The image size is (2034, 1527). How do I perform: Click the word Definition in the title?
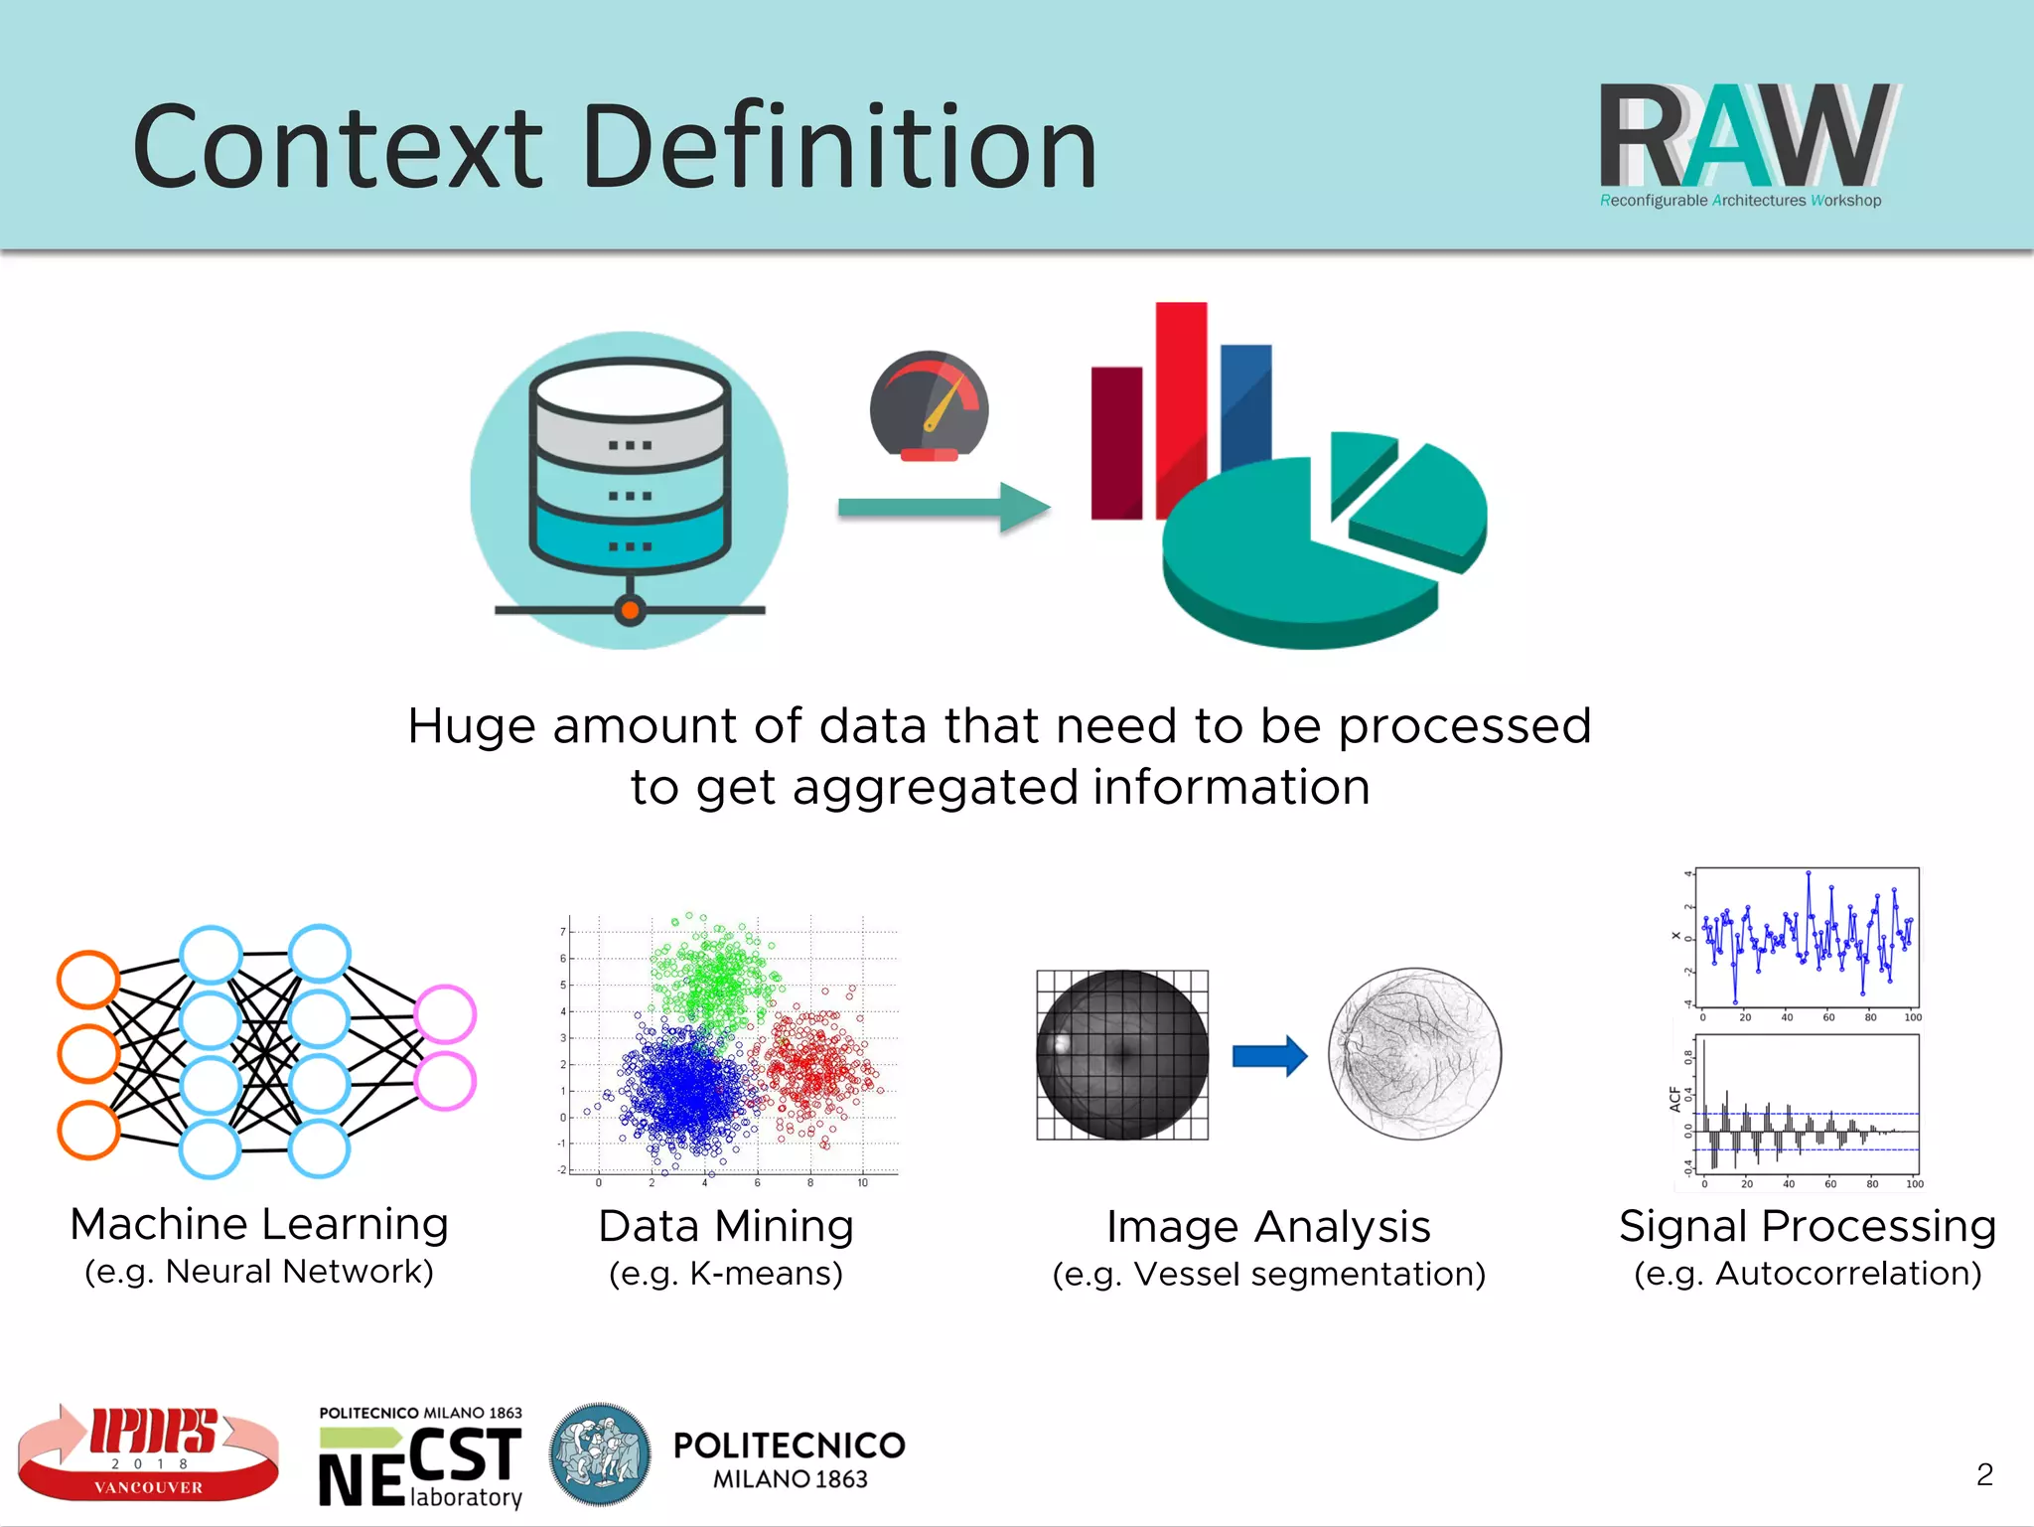pyautogui.click(x=839, y=149)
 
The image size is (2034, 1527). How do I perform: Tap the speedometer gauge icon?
pyautogui.click(x=929, y=407)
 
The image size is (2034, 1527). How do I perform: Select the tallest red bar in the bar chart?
pyautogui.click(x=1181, y=397)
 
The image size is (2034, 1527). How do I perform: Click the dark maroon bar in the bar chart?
pyautogui.click(x=1116, y=442)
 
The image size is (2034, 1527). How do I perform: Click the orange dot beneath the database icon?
pyautogui.click(x=630, y=609)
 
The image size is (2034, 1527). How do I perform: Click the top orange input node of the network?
pyautogui.click(x=88, y=980)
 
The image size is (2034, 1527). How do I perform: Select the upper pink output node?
pyautogui.click(x=445, y=1013)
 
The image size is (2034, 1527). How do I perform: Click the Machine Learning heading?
pyautogui.click(x=259, y=1224)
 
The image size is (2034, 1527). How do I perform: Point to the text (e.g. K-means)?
pyautogui.click(x=726, y=1274)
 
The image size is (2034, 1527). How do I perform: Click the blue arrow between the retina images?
pyautogui.click(x=1269, y=1055)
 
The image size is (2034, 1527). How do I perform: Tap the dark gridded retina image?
pyautogui.click(x=1122, y=1055)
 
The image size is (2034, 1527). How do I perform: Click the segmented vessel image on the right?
pyautogui.click(x=1414, y=1053)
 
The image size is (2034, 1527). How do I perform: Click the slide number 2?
pyautogui.click(x=1984, y=1474)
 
